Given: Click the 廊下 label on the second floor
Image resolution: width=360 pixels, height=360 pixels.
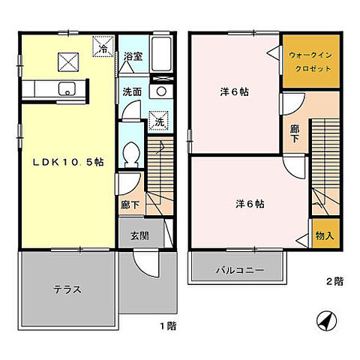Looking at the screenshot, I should pyautogui.click(x=295, y=133).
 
